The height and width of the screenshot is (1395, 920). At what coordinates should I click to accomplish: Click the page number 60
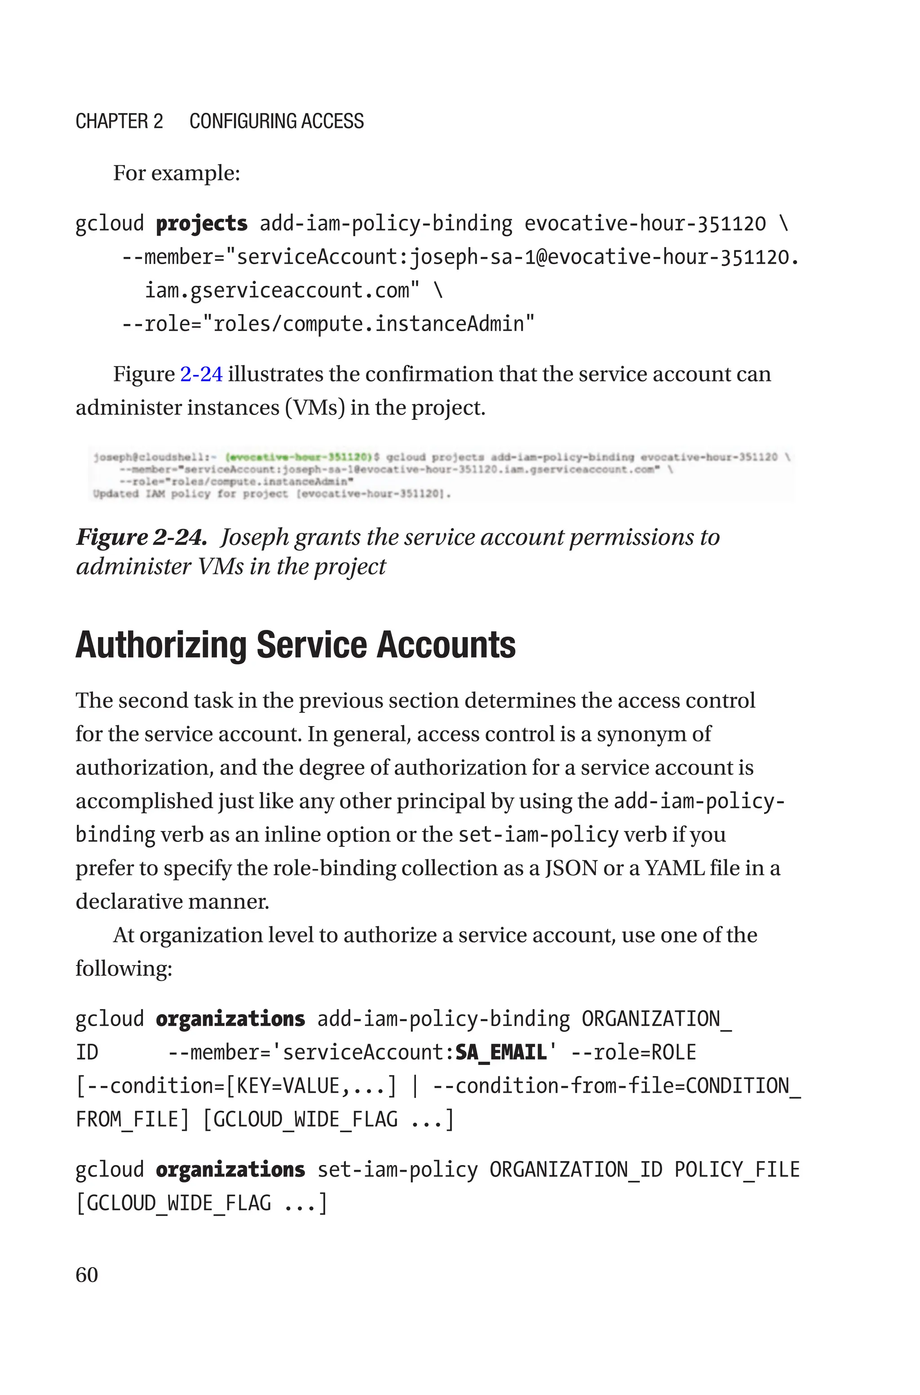point(87,1275)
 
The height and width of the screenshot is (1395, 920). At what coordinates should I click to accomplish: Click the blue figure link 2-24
point(201,374)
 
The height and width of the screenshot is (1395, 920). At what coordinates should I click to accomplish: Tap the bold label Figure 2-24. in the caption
point(142,537)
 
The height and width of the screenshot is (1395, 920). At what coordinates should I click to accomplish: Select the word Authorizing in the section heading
point(161,645)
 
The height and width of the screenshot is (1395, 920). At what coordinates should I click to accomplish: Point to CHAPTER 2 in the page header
point(119,121)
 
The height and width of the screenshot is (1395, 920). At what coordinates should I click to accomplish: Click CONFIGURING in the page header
point(243,121)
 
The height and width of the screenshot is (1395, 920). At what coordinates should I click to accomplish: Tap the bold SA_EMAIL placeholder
point(501,1052)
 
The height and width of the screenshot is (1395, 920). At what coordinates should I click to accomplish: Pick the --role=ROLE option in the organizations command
point(633,1052)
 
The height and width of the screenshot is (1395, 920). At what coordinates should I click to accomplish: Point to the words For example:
point(176,173)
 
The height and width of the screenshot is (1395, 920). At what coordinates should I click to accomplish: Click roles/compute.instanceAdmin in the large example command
point(368,324)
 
